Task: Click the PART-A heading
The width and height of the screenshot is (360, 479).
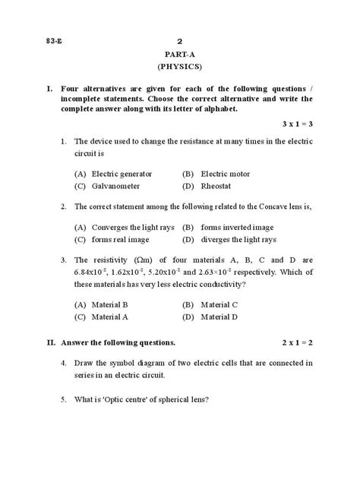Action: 179,55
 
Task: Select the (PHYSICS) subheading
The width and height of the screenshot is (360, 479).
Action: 179,67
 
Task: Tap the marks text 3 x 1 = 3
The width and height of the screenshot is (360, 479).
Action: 298,123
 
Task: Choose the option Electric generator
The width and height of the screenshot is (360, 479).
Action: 120,174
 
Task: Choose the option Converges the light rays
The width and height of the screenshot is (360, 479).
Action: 132,227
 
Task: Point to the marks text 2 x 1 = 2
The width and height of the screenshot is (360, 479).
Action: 298,342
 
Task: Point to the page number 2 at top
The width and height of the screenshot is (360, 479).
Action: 179,41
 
